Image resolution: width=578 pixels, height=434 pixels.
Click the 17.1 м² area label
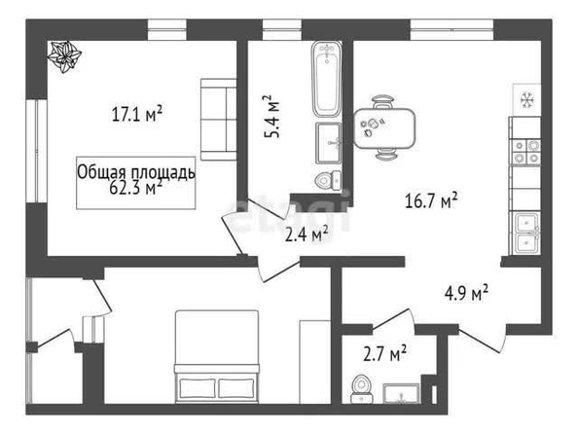click(137, 114)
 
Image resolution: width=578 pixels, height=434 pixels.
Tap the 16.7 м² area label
click(431, 201)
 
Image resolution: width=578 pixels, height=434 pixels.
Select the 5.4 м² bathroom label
click(272, 116)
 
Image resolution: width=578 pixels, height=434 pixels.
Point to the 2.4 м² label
click(307, 234)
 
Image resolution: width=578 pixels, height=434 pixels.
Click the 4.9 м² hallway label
click(466, 293)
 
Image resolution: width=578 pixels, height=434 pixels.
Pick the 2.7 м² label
click(384, 353)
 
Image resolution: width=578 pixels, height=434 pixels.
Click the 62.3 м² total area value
click(136, 188)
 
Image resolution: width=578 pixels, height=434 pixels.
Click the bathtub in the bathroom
click(327, 79)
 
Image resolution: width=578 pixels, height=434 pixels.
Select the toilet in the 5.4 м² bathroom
click(329, 181)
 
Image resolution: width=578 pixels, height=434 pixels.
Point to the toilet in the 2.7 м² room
click(361, 389)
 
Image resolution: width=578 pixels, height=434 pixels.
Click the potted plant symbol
click(64, 56)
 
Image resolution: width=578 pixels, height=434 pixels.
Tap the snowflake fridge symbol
click(527, 100)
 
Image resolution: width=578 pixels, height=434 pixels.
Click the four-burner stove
click(525, 152)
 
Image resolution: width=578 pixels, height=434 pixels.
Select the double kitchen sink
click(525, 233)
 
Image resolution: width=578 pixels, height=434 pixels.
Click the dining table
click(384, 127)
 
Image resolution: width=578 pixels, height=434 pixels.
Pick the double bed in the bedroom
click(217, 356)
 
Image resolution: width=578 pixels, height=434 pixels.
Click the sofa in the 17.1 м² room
click(218, 119)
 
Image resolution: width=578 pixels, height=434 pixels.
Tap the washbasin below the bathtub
click(328, 143)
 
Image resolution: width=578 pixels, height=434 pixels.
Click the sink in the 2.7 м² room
click(401, 393)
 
